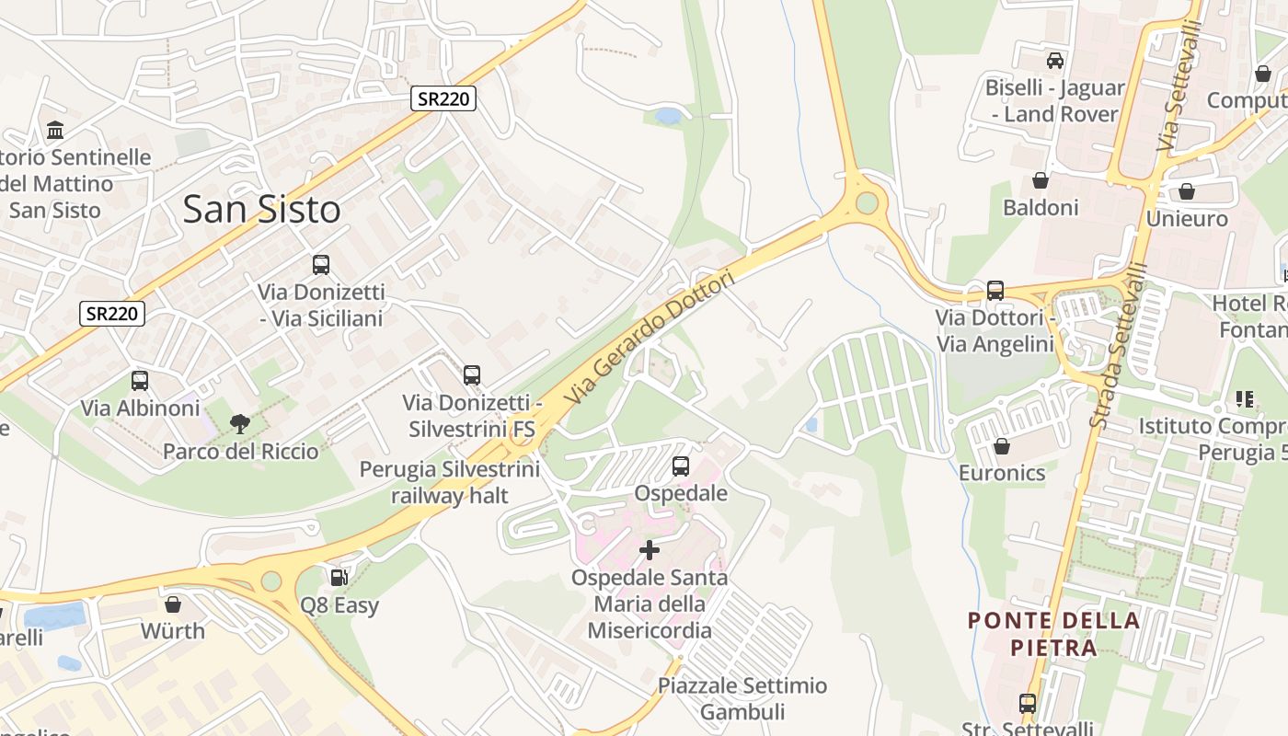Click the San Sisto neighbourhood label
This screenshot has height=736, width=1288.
click(x=261, y=210)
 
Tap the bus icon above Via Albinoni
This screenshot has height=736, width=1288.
click(x=140, y=380)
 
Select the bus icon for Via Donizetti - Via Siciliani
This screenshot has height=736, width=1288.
click(x=321, y=265)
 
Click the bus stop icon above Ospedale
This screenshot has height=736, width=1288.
click(x=681, y=466)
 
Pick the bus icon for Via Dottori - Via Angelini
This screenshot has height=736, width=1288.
click(x=995, y=291)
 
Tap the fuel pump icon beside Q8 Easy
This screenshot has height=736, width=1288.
click(x=339, y=578)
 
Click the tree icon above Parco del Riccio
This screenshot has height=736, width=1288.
click(x=240, y=424)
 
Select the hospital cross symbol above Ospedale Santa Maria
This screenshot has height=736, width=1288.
click(x=650, y=550)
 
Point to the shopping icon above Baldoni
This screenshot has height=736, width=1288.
click(x=1041, y=180)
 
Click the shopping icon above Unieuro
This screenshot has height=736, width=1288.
click(x=1187, y=191)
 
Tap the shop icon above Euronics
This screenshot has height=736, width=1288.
click(x=1002, y=446)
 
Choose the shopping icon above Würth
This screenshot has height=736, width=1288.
click(x=172, y=604)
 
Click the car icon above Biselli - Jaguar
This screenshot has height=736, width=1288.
click(x=1055, y=61)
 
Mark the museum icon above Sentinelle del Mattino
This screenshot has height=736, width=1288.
click(x=55, y=130)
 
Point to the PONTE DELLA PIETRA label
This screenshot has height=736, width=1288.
click(x=1053, y=634)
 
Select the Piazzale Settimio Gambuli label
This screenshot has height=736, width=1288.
click(x=742, y=698)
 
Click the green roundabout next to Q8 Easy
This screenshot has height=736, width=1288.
click(x=270, y=581)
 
